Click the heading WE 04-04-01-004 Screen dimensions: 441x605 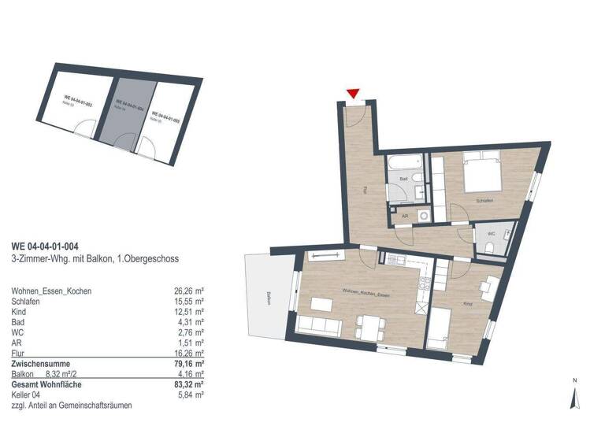click(44, 246)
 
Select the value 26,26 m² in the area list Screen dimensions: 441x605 click(189, 291)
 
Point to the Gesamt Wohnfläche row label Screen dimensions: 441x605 click(46, 384)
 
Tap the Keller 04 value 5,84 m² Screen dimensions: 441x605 click(192, 395)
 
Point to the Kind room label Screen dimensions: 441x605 click(467, 302)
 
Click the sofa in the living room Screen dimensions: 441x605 click(312, 329)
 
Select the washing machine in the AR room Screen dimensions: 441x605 click(424, 214)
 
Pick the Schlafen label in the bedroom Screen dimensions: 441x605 click(484, 202)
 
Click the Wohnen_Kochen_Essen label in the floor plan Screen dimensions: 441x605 click(365, 292)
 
